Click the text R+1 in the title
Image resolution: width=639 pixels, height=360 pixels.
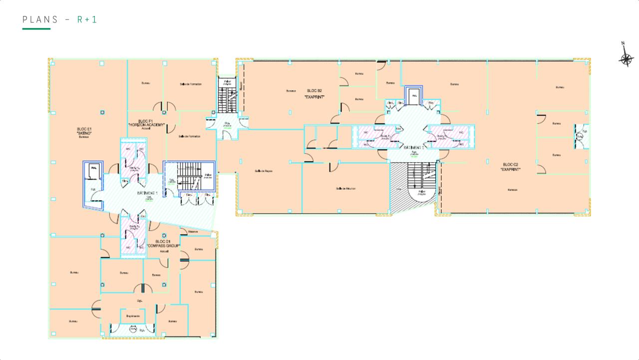87,19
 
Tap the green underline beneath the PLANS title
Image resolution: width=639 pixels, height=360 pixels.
36,29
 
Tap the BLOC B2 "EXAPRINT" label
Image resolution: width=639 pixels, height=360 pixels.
315,94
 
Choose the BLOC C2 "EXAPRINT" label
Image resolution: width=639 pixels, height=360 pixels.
511,167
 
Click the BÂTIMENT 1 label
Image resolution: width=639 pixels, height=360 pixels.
147,193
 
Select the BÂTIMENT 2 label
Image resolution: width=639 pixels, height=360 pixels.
414,148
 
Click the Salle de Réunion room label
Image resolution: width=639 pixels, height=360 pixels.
345,188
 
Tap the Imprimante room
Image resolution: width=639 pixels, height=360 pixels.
133,316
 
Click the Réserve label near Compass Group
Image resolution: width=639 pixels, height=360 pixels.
193,232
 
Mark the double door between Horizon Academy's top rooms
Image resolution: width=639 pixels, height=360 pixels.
163,107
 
